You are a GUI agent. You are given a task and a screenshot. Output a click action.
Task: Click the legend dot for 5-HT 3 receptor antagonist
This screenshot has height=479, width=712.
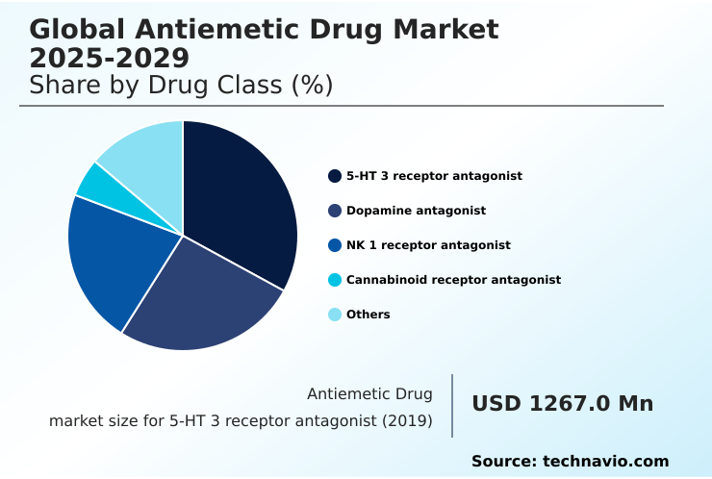(x=335, y=176)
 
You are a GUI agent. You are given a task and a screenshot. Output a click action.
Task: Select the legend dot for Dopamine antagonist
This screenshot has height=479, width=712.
(x=335, y=211)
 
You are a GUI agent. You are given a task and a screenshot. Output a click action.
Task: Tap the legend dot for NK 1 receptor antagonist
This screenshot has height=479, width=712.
(x=335, y=245)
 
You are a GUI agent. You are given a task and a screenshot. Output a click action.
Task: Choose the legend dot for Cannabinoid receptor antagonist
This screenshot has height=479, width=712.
(x=335, y=280)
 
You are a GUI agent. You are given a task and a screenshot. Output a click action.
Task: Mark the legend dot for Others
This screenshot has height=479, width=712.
(x=335, y=315)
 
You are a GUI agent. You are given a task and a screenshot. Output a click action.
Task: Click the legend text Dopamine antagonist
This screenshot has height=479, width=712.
(x=416, y=211)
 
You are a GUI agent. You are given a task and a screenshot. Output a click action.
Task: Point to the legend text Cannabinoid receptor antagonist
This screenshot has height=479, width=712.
(x=453, y=280)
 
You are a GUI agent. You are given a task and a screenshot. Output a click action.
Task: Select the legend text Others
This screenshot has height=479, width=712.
(x=369, y=315)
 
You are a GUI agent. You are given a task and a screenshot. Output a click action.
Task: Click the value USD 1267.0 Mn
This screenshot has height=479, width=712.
(x=562, y=404)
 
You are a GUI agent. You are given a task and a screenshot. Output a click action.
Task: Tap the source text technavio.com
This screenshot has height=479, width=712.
(x=605, y=462)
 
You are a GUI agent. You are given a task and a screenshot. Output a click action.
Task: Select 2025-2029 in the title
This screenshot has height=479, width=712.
(x=109, y=58)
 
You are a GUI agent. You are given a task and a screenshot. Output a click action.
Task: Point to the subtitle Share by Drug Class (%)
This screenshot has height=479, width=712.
(x=181, y=85)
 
